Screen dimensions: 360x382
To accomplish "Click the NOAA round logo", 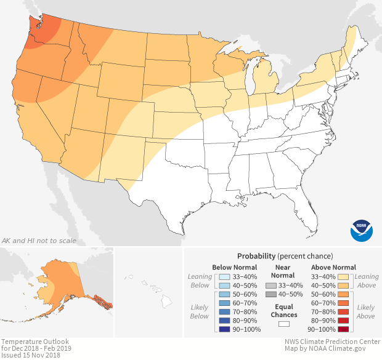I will [361, 229].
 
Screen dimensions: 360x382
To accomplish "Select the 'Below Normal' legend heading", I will [234, 267].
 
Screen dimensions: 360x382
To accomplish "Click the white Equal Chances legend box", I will [284, 323].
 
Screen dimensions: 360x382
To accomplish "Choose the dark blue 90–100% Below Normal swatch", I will [224, 329].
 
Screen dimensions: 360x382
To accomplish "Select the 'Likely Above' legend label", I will [365, 311].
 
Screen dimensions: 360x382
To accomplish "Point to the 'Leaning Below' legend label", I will [200, 281].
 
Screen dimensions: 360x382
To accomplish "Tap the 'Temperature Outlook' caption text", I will [35, 341].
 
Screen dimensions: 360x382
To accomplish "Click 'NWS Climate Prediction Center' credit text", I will [332, 341].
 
